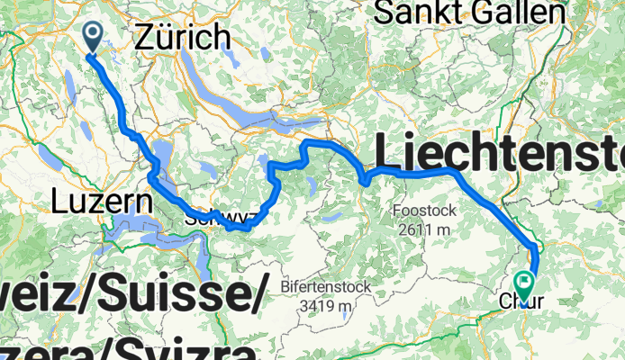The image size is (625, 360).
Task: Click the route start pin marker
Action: pyautogui.click(x=93, y=36)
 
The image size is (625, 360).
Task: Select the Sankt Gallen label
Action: pyautogui.click(x=470, y=13)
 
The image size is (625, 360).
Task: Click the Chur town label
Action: pyautogui.click(x=521, y=304)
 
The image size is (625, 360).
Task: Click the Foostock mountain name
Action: pyautogui.click(x=425, y=211)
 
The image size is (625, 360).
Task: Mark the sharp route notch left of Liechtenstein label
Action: pyautogui.click(x=365, y=183)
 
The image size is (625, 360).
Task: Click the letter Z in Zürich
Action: pyautogui.click(x=144, y=37)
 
